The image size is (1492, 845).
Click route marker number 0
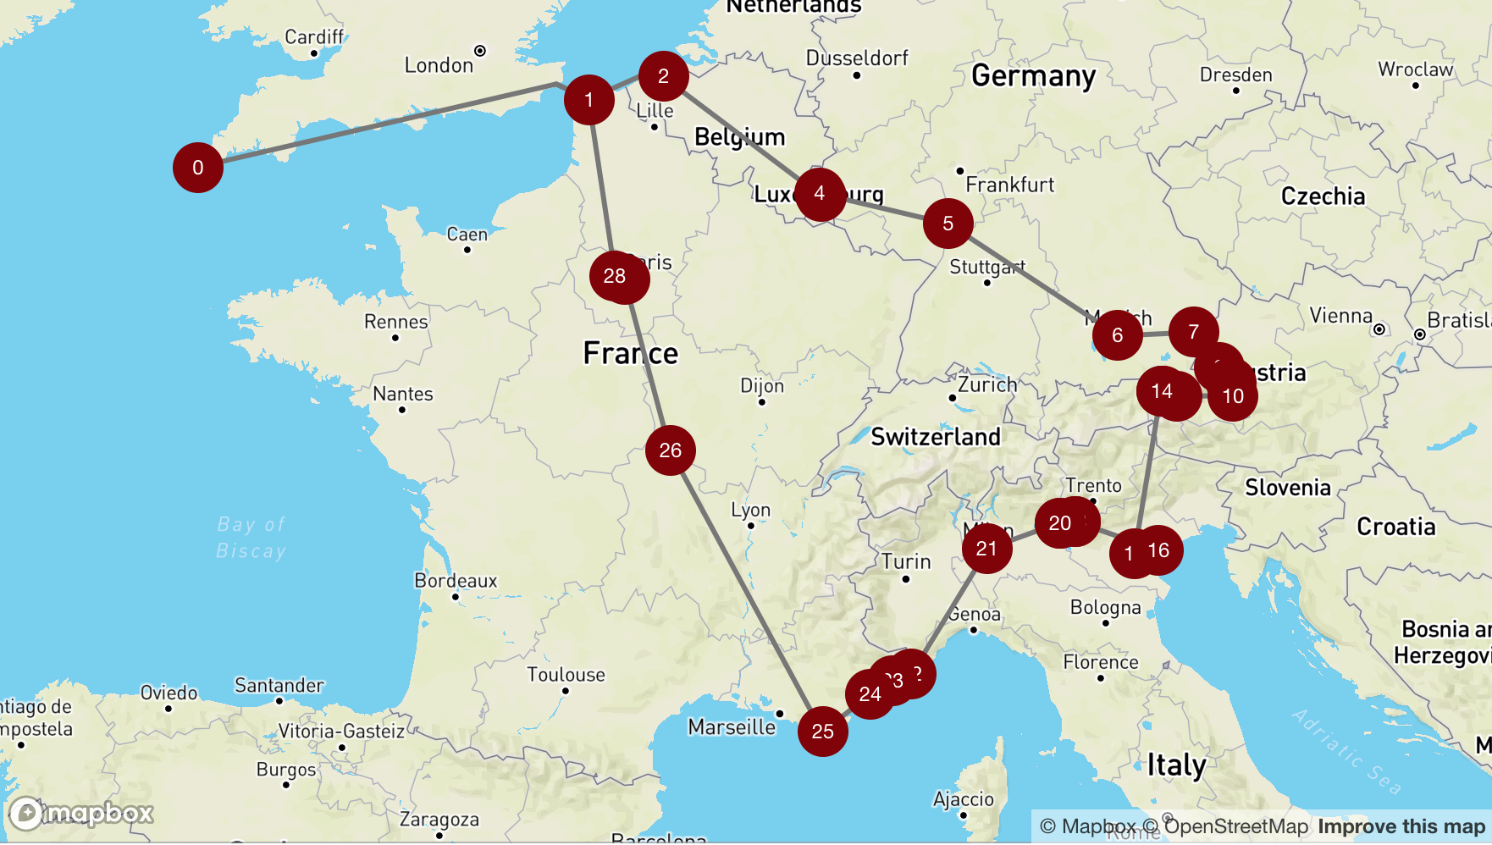pos(197,168)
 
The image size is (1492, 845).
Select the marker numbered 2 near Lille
pos(663,76)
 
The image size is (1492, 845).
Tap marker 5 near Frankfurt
pos(948,224)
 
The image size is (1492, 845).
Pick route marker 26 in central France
pos(670,450)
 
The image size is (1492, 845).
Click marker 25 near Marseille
pos(822,732)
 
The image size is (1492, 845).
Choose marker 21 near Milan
pos(986,549)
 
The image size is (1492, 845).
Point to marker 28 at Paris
pos(615,276)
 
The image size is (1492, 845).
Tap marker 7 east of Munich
pos(1193,332)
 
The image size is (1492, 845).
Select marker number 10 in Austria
pos(1233,396)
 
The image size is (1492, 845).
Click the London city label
pos(439,65)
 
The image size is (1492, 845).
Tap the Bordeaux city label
pos(456,581)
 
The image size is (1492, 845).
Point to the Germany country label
pos(1033,76)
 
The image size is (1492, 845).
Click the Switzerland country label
pos(936,437)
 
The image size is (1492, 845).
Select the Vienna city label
pos(1340,316)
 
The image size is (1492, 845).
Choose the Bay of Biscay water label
pos(251,538)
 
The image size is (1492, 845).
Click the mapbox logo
pos(81,814)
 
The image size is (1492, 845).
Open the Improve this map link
pos(1401,826)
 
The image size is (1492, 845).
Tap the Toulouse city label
pos(566,675)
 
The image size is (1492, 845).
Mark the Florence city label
pos(1101,662)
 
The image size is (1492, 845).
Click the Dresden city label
pos(1235,75)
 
